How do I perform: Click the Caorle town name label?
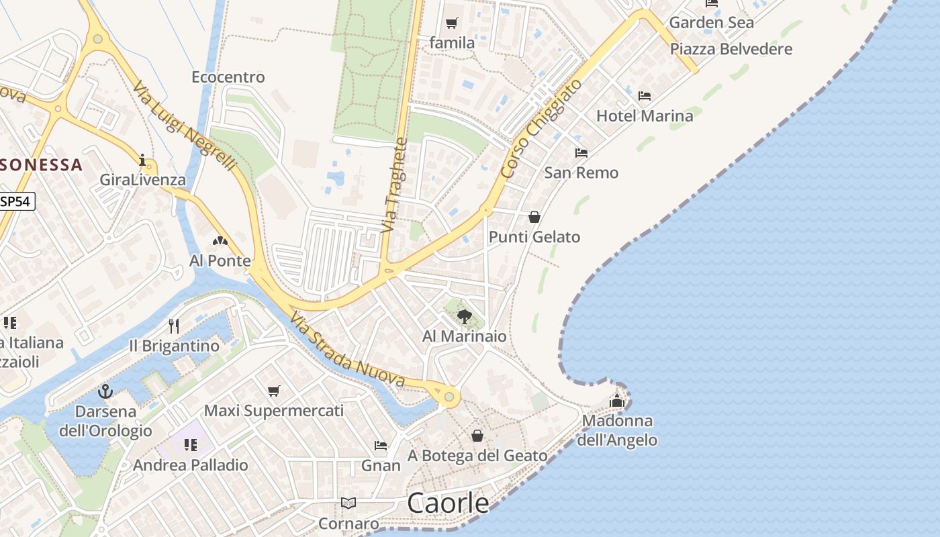click(x=448, y=503)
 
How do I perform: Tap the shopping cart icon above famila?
click(x=452, y=23)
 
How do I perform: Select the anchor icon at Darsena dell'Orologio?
click(x=105, y=391)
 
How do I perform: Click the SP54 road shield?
click(x=17, y=201)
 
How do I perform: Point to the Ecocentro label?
click(x=228, y=77)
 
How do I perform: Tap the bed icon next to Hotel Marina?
click(x=645, y=95)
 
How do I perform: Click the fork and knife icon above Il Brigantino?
click(x=174, y=326)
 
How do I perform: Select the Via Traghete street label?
click(x=395, y=185)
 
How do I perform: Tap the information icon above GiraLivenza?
click(x=142, y=160)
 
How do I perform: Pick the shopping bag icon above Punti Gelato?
click(x=534, y=217)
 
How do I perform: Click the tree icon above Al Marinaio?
click(x=464, y=316)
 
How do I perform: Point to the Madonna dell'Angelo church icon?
click(x=617, y=401)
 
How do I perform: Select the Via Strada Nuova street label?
click(x=348, y=350)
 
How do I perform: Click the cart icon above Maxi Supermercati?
click(x=273, y=391)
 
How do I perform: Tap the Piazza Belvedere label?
click(x=731, y=49)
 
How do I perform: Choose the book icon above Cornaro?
click(x=348, y=503)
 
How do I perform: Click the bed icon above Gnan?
click(x=381, y=446)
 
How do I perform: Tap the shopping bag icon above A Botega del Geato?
click(x=477, y=436)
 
